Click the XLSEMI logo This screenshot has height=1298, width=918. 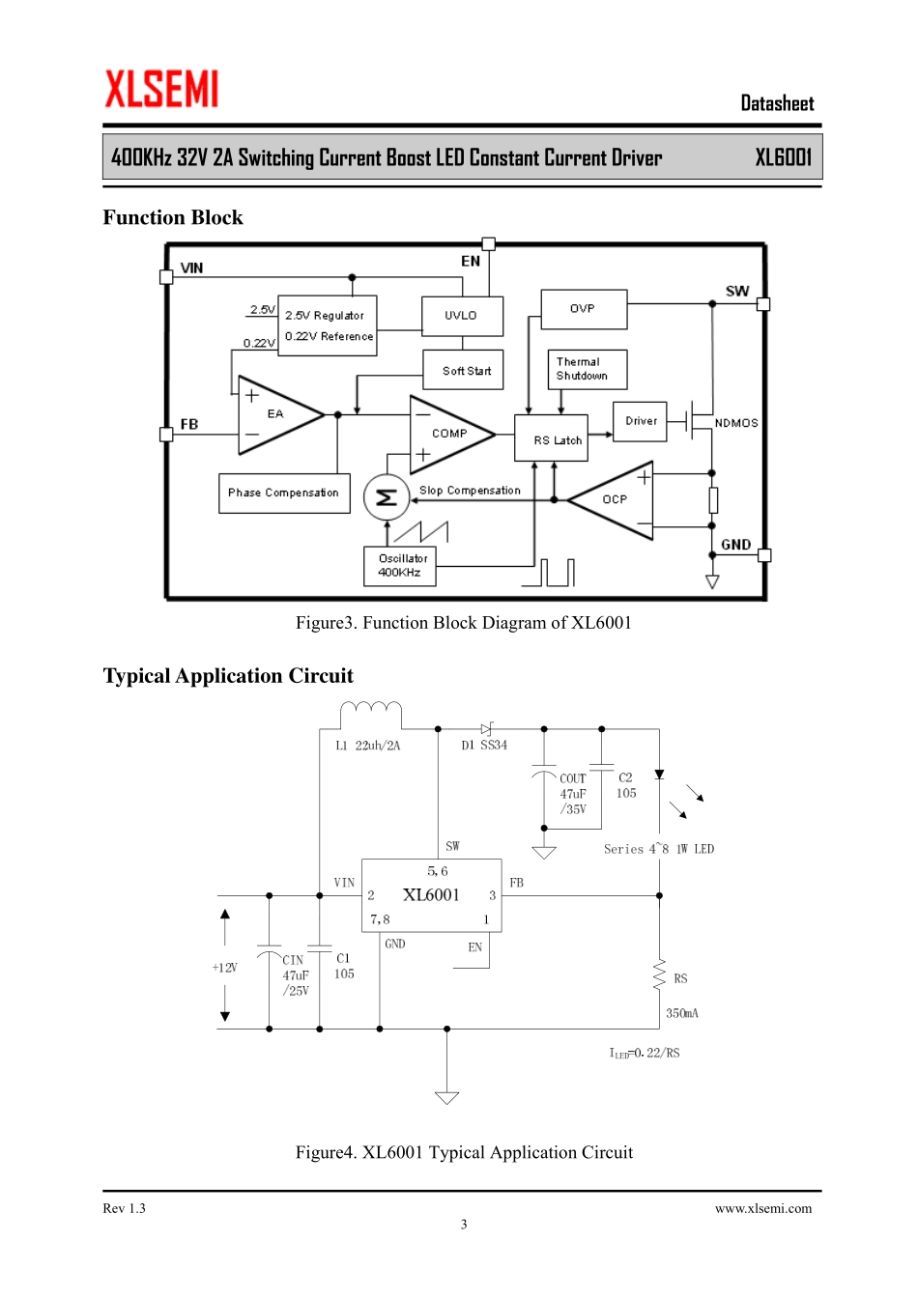click(x=161, y=89)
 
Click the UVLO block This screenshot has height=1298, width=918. click(x=461, y=316)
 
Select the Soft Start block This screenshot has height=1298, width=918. click(x=465, y=370)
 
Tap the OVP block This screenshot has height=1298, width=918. click(x=584, y=309)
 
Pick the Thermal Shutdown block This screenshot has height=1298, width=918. click(x=587, y=369)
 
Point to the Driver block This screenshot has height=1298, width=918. click(x=640, y=421)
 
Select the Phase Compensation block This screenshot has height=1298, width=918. click(x=283, y=493)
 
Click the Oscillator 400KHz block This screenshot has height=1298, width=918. click(x=399, y=566)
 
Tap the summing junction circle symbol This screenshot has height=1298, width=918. click(x=387, y=497)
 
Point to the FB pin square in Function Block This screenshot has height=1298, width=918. click(x=166, y=435)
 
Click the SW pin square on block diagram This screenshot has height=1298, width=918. click(x=763, y=304)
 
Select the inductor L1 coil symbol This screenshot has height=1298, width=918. click(x=371, y=713)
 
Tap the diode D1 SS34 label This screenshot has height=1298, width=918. click(x=484, y=746)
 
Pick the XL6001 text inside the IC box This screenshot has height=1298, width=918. click(x=431, y=895)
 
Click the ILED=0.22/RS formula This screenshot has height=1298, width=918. click(x=645, y=1053)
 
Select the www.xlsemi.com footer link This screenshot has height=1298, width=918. click(x=763, y=1208)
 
